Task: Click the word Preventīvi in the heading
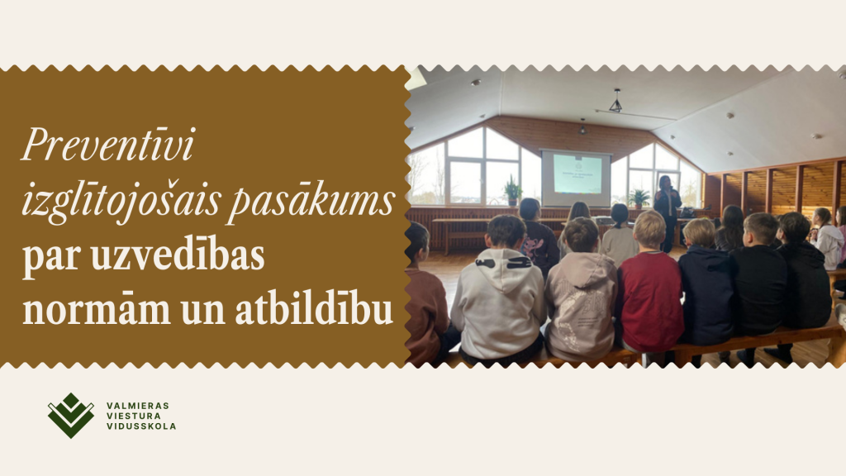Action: tap(108, 144)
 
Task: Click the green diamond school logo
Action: tap(71, 415)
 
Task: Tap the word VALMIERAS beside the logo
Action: tap(138, 405)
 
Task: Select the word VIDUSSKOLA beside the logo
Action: tap(141, 426)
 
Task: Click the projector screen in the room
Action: tap(576, 178)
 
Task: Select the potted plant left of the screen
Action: tap(512, 191)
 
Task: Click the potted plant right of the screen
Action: tap(639, 198)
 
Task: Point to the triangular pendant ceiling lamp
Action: tap(615, 101)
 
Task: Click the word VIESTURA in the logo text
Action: tap(133, 416)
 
